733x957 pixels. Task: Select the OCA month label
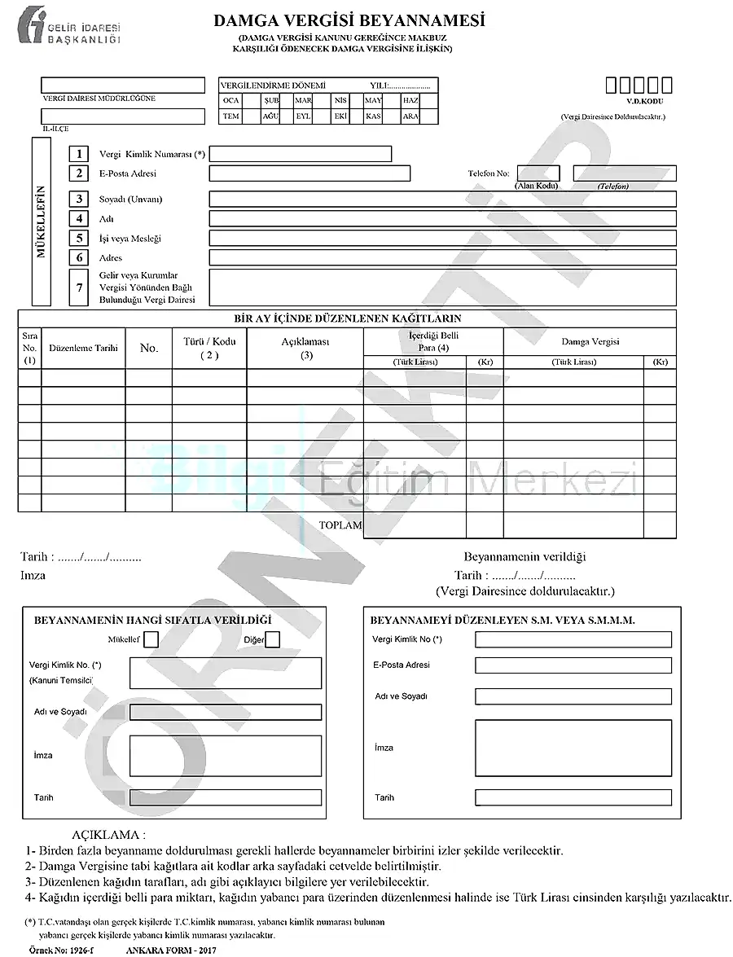pyautogui.click(x=230, y=100)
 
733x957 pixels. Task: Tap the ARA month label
pyautogui.click(x=410, y=116)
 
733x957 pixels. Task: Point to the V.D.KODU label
pyautogui.click(x=640, y=101)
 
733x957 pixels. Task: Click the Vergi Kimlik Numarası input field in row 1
pyautogui.click(x=301, y=154)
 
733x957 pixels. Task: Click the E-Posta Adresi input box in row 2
pyautogui.click(x=309, y=173)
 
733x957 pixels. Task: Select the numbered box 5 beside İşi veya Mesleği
pyautogui.click(x=79, y=238)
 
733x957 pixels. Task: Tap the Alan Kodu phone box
pyautogui.click(x=538, y=173)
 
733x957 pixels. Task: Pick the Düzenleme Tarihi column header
pyautogui.click(x=83, y=348)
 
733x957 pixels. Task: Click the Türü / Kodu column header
pyautogui.click(x=208, y=348)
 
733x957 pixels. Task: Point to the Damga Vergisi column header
pyautogui.click(x=590, y=342)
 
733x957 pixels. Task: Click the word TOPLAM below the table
pyautogui.click(x=340, y=525)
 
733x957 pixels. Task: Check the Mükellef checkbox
pyautogui.click(x=151, y=640)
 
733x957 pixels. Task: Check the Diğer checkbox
pyautogui.click(x=273, y=640)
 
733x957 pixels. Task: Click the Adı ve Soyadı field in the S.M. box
pyautogui.click(x=573, y=696)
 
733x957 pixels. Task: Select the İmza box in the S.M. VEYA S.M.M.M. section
pyautogui.click(x=573, y=747)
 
